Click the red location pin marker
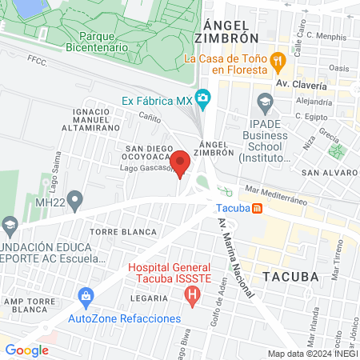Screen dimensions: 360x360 click(181, 162)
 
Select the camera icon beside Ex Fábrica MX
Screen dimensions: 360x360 click(203, 99)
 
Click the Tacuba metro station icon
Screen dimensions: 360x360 click(258, 209)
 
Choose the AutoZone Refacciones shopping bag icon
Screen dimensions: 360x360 click(86, 299)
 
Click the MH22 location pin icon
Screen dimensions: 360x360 click(75, 198)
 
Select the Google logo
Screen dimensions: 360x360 click(26, 350)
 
